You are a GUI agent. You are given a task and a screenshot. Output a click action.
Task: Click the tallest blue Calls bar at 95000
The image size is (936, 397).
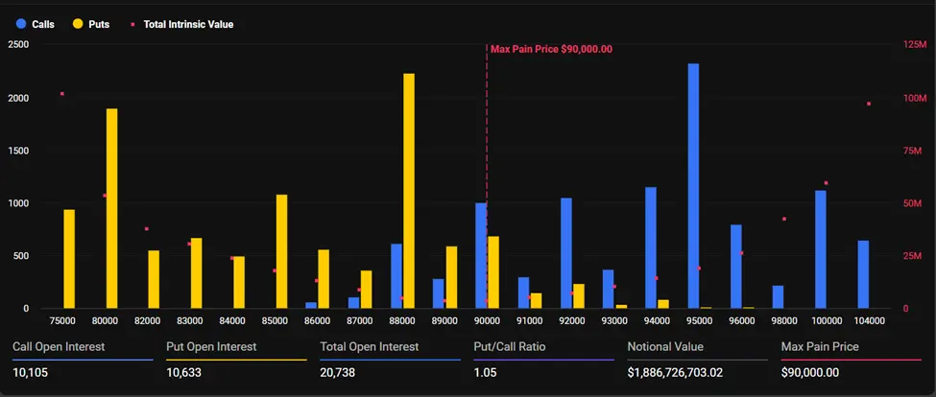(693, 186)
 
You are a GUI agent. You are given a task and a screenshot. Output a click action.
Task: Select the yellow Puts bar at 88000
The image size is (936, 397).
(409, 191)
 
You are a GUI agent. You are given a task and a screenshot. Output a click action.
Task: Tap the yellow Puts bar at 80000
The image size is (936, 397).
(111, 208)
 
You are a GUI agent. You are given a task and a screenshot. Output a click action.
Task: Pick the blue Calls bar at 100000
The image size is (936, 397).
(821, 249)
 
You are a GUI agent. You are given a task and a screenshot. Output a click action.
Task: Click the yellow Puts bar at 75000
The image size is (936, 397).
(69, 259)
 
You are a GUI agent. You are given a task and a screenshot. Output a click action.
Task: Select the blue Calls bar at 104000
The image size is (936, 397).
(863, 274)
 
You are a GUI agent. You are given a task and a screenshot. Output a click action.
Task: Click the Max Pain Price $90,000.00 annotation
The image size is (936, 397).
(551, 48)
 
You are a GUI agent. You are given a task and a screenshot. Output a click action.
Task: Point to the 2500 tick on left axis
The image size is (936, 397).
(18, 45)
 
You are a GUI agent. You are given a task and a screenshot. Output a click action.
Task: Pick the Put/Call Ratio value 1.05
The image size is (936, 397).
(487, 373)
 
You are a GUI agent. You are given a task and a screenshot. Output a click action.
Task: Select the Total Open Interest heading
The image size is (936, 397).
(369, 346)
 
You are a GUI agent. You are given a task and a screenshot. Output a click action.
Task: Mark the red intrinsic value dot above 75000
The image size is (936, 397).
(62, 94)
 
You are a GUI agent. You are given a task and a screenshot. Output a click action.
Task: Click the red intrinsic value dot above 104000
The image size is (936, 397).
(869, 104)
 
